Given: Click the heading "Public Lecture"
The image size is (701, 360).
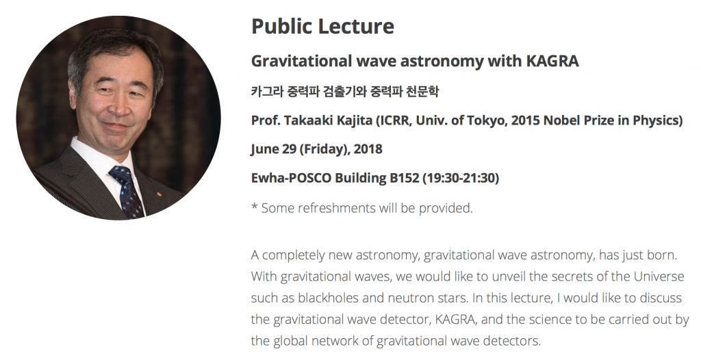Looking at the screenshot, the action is [x=323, y=27].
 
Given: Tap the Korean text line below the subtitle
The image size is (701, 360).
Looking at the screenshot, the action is [x=345, y=91].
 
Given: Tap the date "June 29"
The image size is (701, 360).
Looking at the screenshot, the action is [x=274, y=149].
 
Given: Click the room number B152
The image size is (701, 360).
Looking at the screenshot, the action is [x=404, y=178].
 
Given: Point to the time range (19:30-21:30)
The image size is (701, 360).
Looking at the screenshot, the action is [x=461, y=178].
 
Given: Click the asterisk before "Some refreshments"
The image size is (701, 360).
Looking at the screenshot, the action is [x=255, y=206].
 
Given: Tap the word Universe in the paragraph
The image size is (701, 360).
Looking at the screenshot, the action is [x=659, y=277].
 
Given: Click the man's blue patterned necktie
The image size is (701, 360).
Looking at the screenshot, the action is [x=128, y=192].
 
